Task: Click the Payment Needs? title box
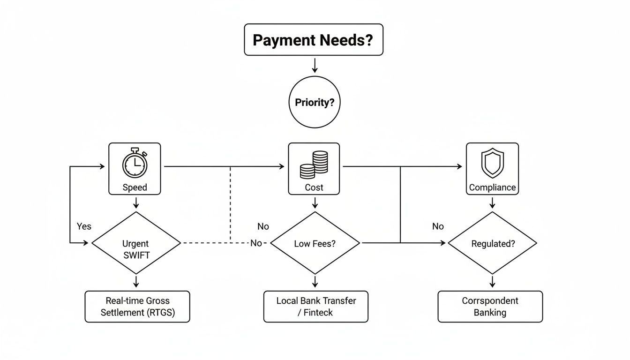tap(314, 39)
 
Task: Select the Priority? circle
tap(315, 102)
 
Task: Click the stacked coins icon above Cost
tap(314, 165)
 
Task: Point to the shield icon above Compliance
tap(492, 164)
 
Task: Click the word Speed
tap(135, 187)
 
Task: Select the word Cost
tap(314, 187)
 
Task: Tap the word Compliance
tap(492, 187)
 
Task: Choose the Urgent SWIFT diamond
tap(136, 243)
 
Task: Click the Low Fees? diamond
tap(315, 243)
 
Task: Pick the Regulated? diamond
tap(492, 243)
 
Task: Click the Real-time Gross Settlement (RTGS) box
tap(137, 307)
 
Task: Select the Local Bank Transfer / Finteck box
tap(315, 307)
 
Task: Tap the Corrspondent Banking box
tap(490, 307)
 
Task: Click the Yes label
tap(84, 226)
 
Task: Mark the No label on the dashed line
tap(256, 243)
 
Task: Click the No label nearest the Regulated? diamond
tap(438, 226)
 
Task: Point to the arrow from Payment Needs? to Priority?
tap(315, 65)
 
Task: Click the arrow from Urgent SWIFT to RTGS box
tap(136, 281)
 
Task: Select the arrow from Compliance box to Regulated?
tap(492, 202)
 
